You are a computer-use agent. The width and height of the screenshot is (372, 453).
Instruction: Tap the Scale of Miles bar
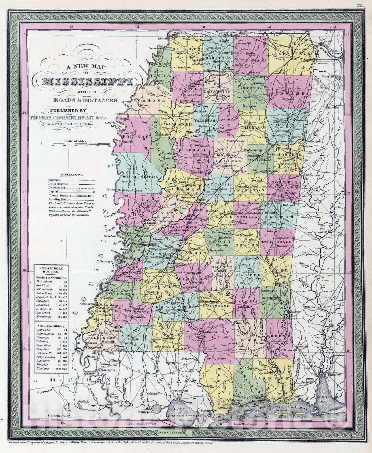(x=76, y=144)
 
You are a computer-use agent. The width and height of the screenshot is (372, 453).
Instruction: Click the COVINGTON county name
(x=220, y=306)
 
